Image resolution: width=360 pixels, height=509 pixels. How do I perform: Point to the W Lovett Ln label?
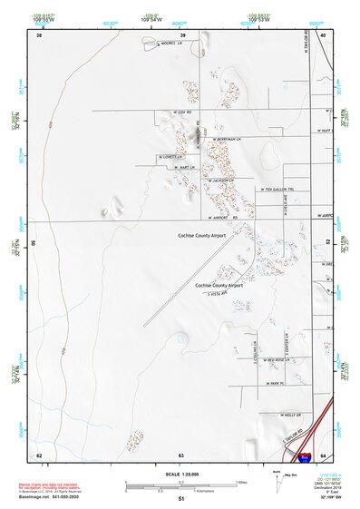(x=169, y=156)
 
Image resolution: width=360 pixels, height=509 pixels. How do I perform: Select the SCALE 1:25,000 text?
(x=180, y=474)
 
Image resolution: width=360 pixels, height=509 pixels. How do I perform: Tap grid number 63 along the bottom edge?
(x=181, y=455)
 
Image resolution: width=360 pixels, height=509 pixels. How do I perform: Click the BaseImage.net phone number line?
(x=51, y=499)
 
